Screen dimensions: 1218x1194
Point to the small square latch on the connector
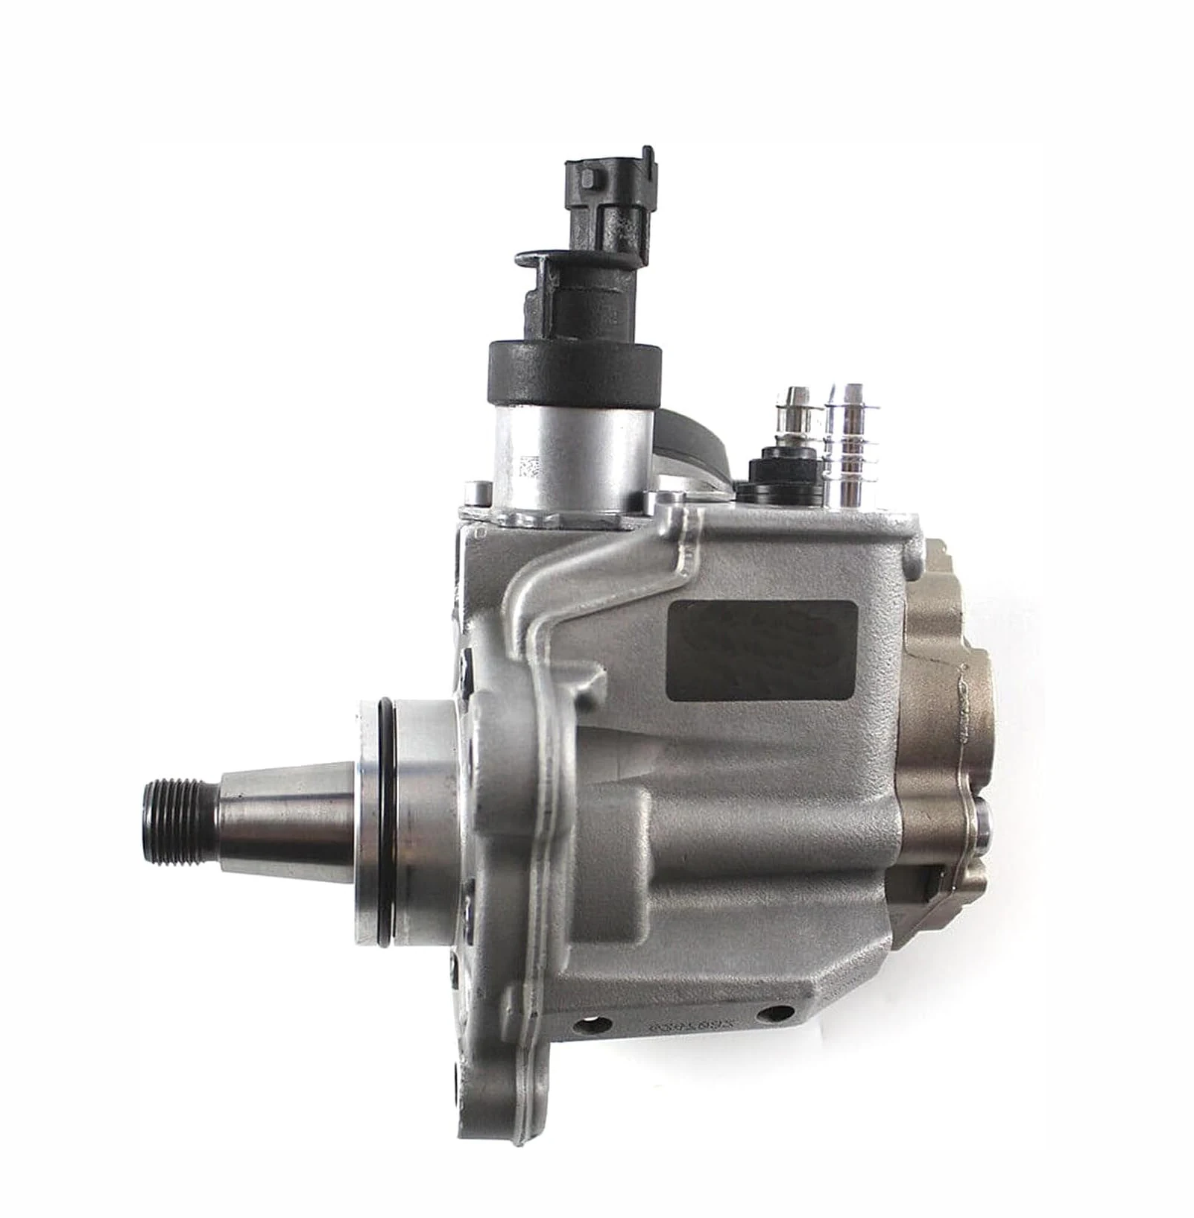pos(590,180)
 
